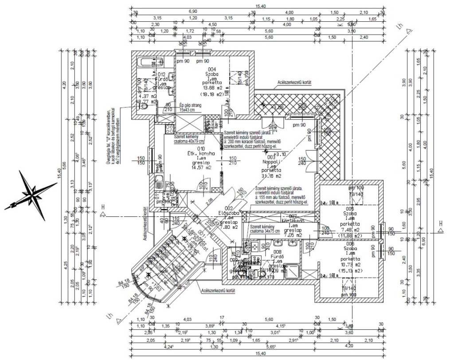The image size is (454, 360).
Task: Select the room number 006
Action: [350, 244]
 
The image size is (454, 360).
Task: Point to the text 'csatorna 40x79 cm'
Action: [189, 142]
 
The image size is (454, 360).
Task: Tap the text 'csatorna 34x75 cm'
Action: [265, 231]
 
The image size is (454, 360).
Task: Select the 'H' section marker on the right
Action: [441, 223]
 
